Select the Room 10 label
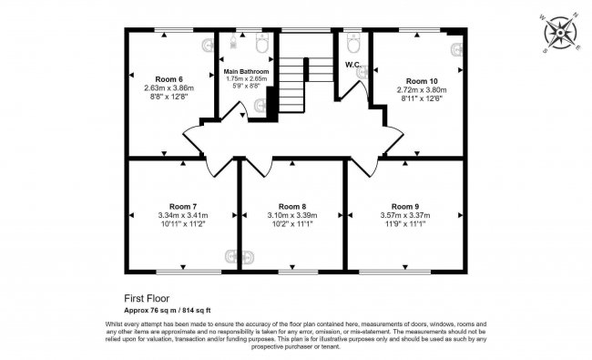pos(421,81)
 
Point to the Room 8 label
pos(291,207)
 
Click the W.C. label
pos(354,65)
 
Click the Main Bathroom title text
pos(246,71)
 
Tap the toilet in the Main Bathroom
pos(261,46)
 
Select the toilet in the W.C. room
pos(354,44)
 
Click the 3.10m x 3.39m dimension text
pos(291,216)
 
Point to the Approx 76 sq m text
pos(148,310)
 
